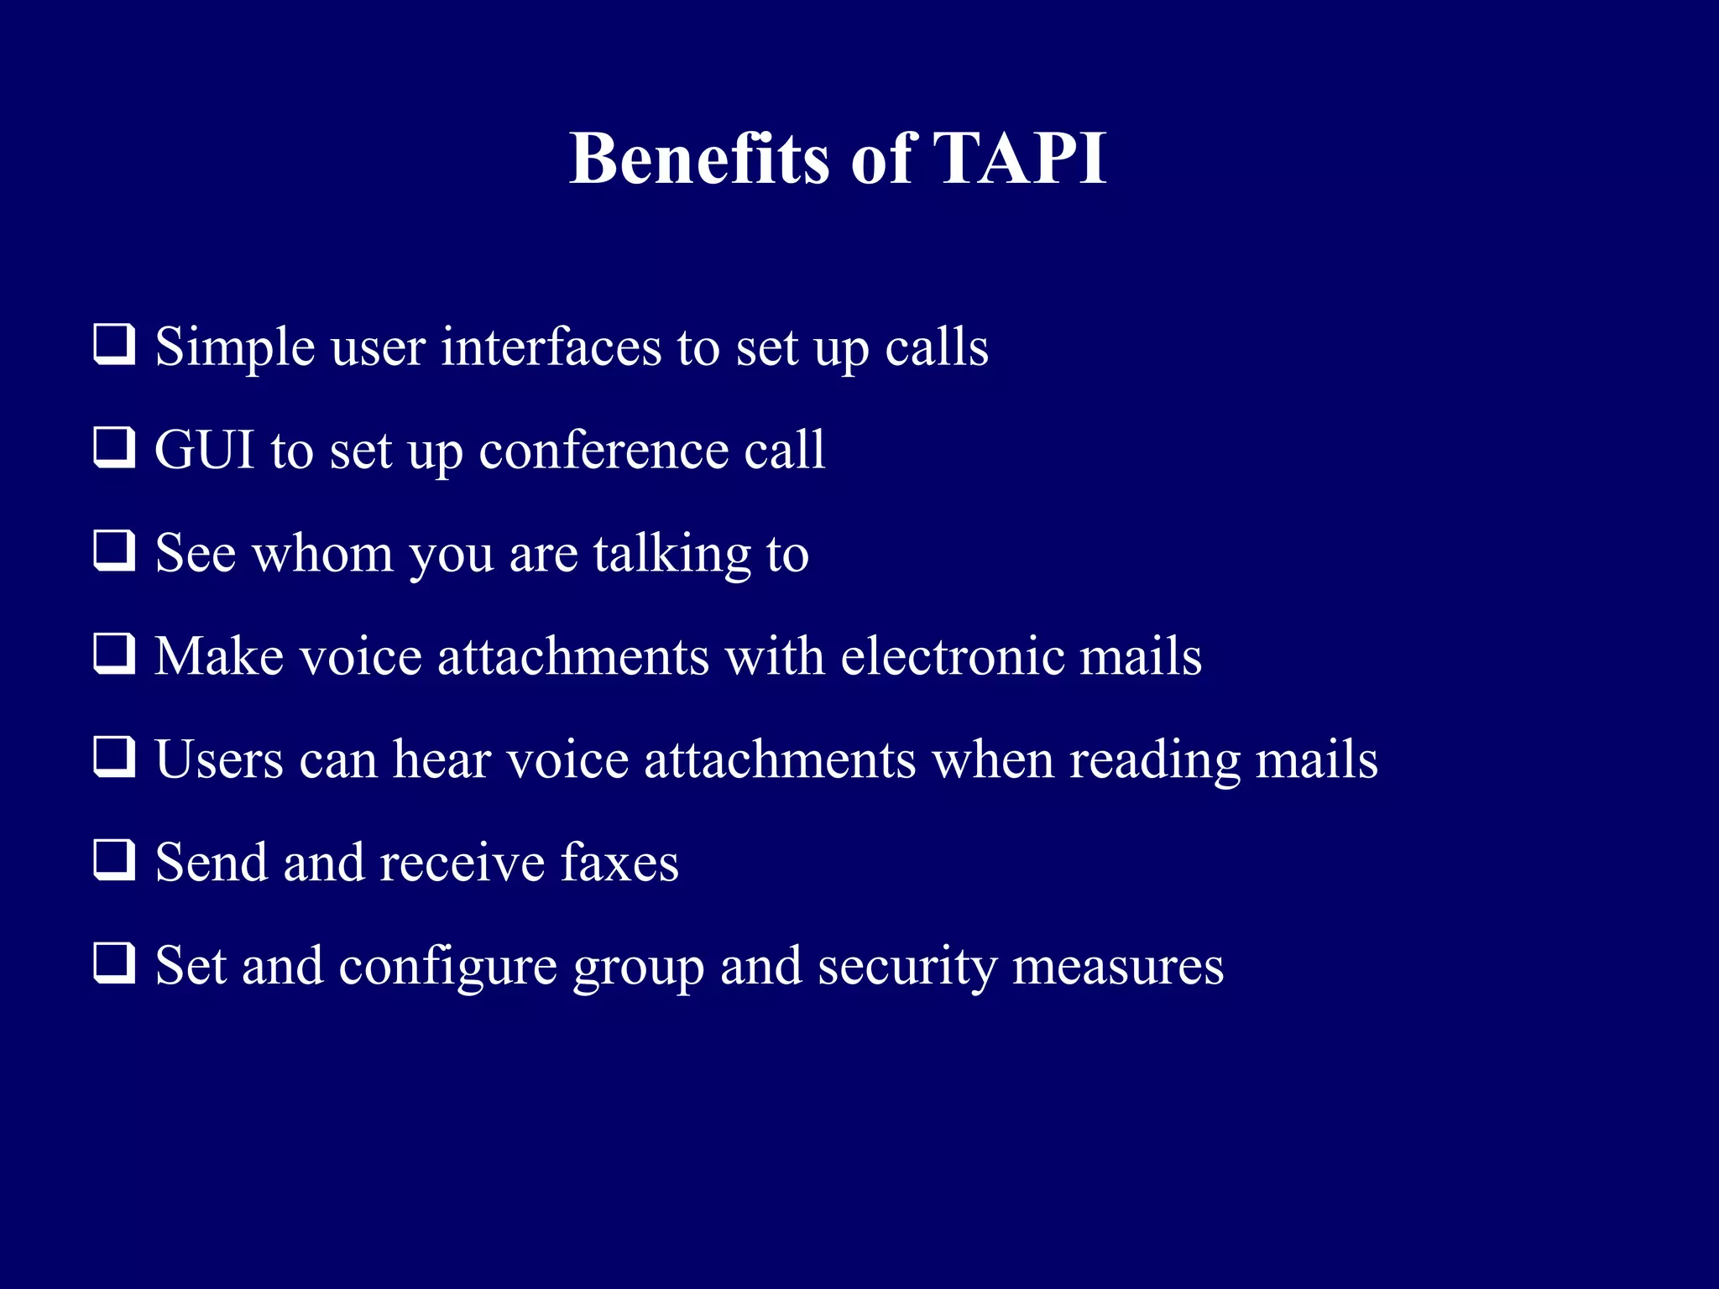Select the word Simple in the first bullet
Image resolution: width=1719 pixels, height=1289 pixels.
[235, 347]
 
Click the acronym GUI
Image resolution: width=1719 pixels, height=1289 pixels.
[205, 450]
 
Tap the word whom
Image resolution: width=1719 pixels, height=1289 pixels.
[323, 554]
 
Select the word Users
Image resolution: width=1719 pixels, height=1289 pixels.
[219, 759]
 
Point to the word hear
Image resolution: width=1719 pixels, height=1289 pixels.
[442, 759]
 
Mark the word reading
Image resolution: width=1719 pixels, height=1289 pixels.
[1154, 761]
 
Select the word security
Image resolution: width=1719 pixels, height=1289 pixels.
[907, 968]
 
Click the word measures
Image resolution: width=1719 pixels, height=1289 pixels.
[1118, 966]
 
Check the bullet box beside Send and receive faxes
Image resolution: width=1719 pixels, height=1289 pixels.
[114, 860]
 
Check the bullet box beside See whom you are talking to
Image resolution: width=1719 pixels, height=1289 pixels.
[114, 551]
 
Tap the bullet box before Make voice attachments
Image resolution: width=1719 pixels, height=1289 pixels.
[114, 655]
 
